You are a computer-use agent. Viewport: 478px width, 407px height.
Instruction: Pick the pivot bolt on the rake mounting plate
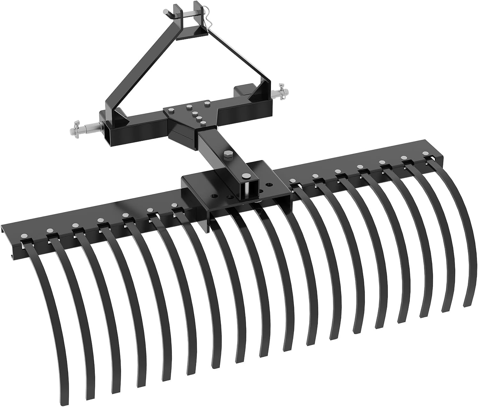[246, 176]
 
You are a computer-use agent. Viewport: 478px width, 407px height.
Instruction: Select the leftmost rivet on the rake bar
[23, 236]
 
